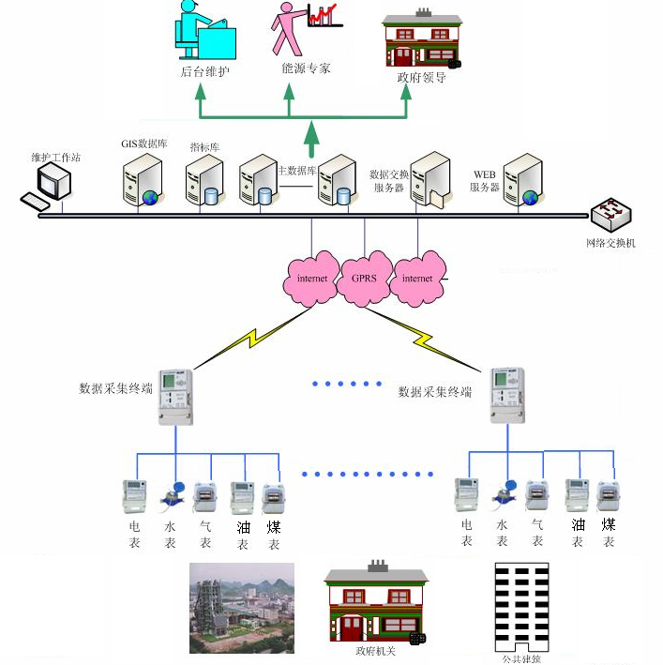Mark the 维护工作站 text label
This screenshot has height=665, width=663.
click(56, 158)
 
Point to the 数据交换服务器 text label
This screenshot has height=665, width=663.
click(387, 181)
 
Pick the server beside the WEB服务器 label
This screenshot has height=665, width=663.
click(523, 181)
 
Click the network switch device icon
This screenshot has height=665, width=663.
click(612, 216)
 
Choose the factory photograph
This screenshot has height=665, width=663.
click(242, 608)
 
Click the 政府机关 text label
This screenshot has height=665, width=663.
click(375, 651)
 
